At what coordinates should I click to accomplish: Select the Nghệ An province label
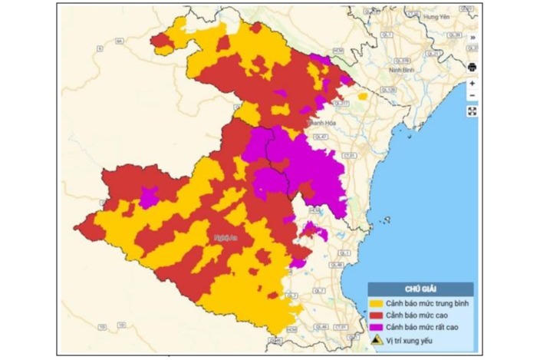(226, 239)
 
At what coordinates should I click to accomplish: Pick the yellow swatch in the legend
(376, 303)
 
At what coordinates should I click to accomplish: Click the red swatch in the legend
(376, 315)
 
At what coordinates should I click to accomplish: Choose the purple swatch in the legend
(376, 326)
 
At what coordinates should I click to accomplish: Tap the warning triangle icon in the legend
(376, 339)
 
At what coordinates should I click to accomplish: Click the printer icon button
(472, 67)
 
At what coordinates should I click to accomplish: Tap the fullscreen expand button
(472, 111)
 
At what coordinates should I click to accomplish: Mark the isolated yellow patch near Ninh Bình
(362, 97)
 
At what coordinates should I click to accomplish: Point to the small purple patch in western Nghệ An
(149, 198)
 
